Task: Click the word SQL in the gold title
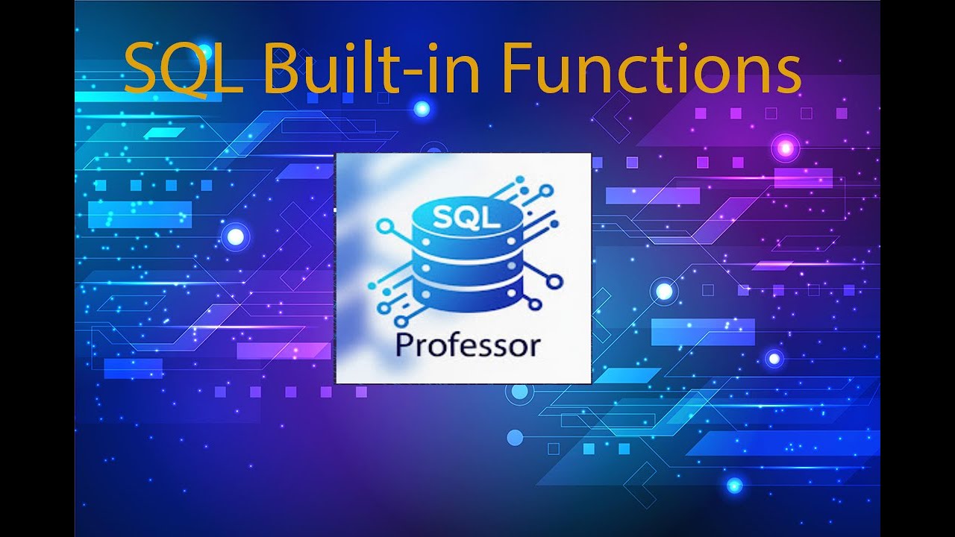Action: [x=184, y=69]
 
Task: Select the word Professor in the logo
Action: [x=467, y=345]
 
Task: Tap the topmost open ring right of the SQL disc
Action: [x=546, y=191]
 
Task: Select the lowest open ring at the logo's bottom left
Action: [x=383, y=307]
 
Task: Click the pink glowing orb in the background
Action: [x=785, y=148]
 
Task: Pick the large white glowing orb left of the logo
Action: [x=235, y=237]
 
